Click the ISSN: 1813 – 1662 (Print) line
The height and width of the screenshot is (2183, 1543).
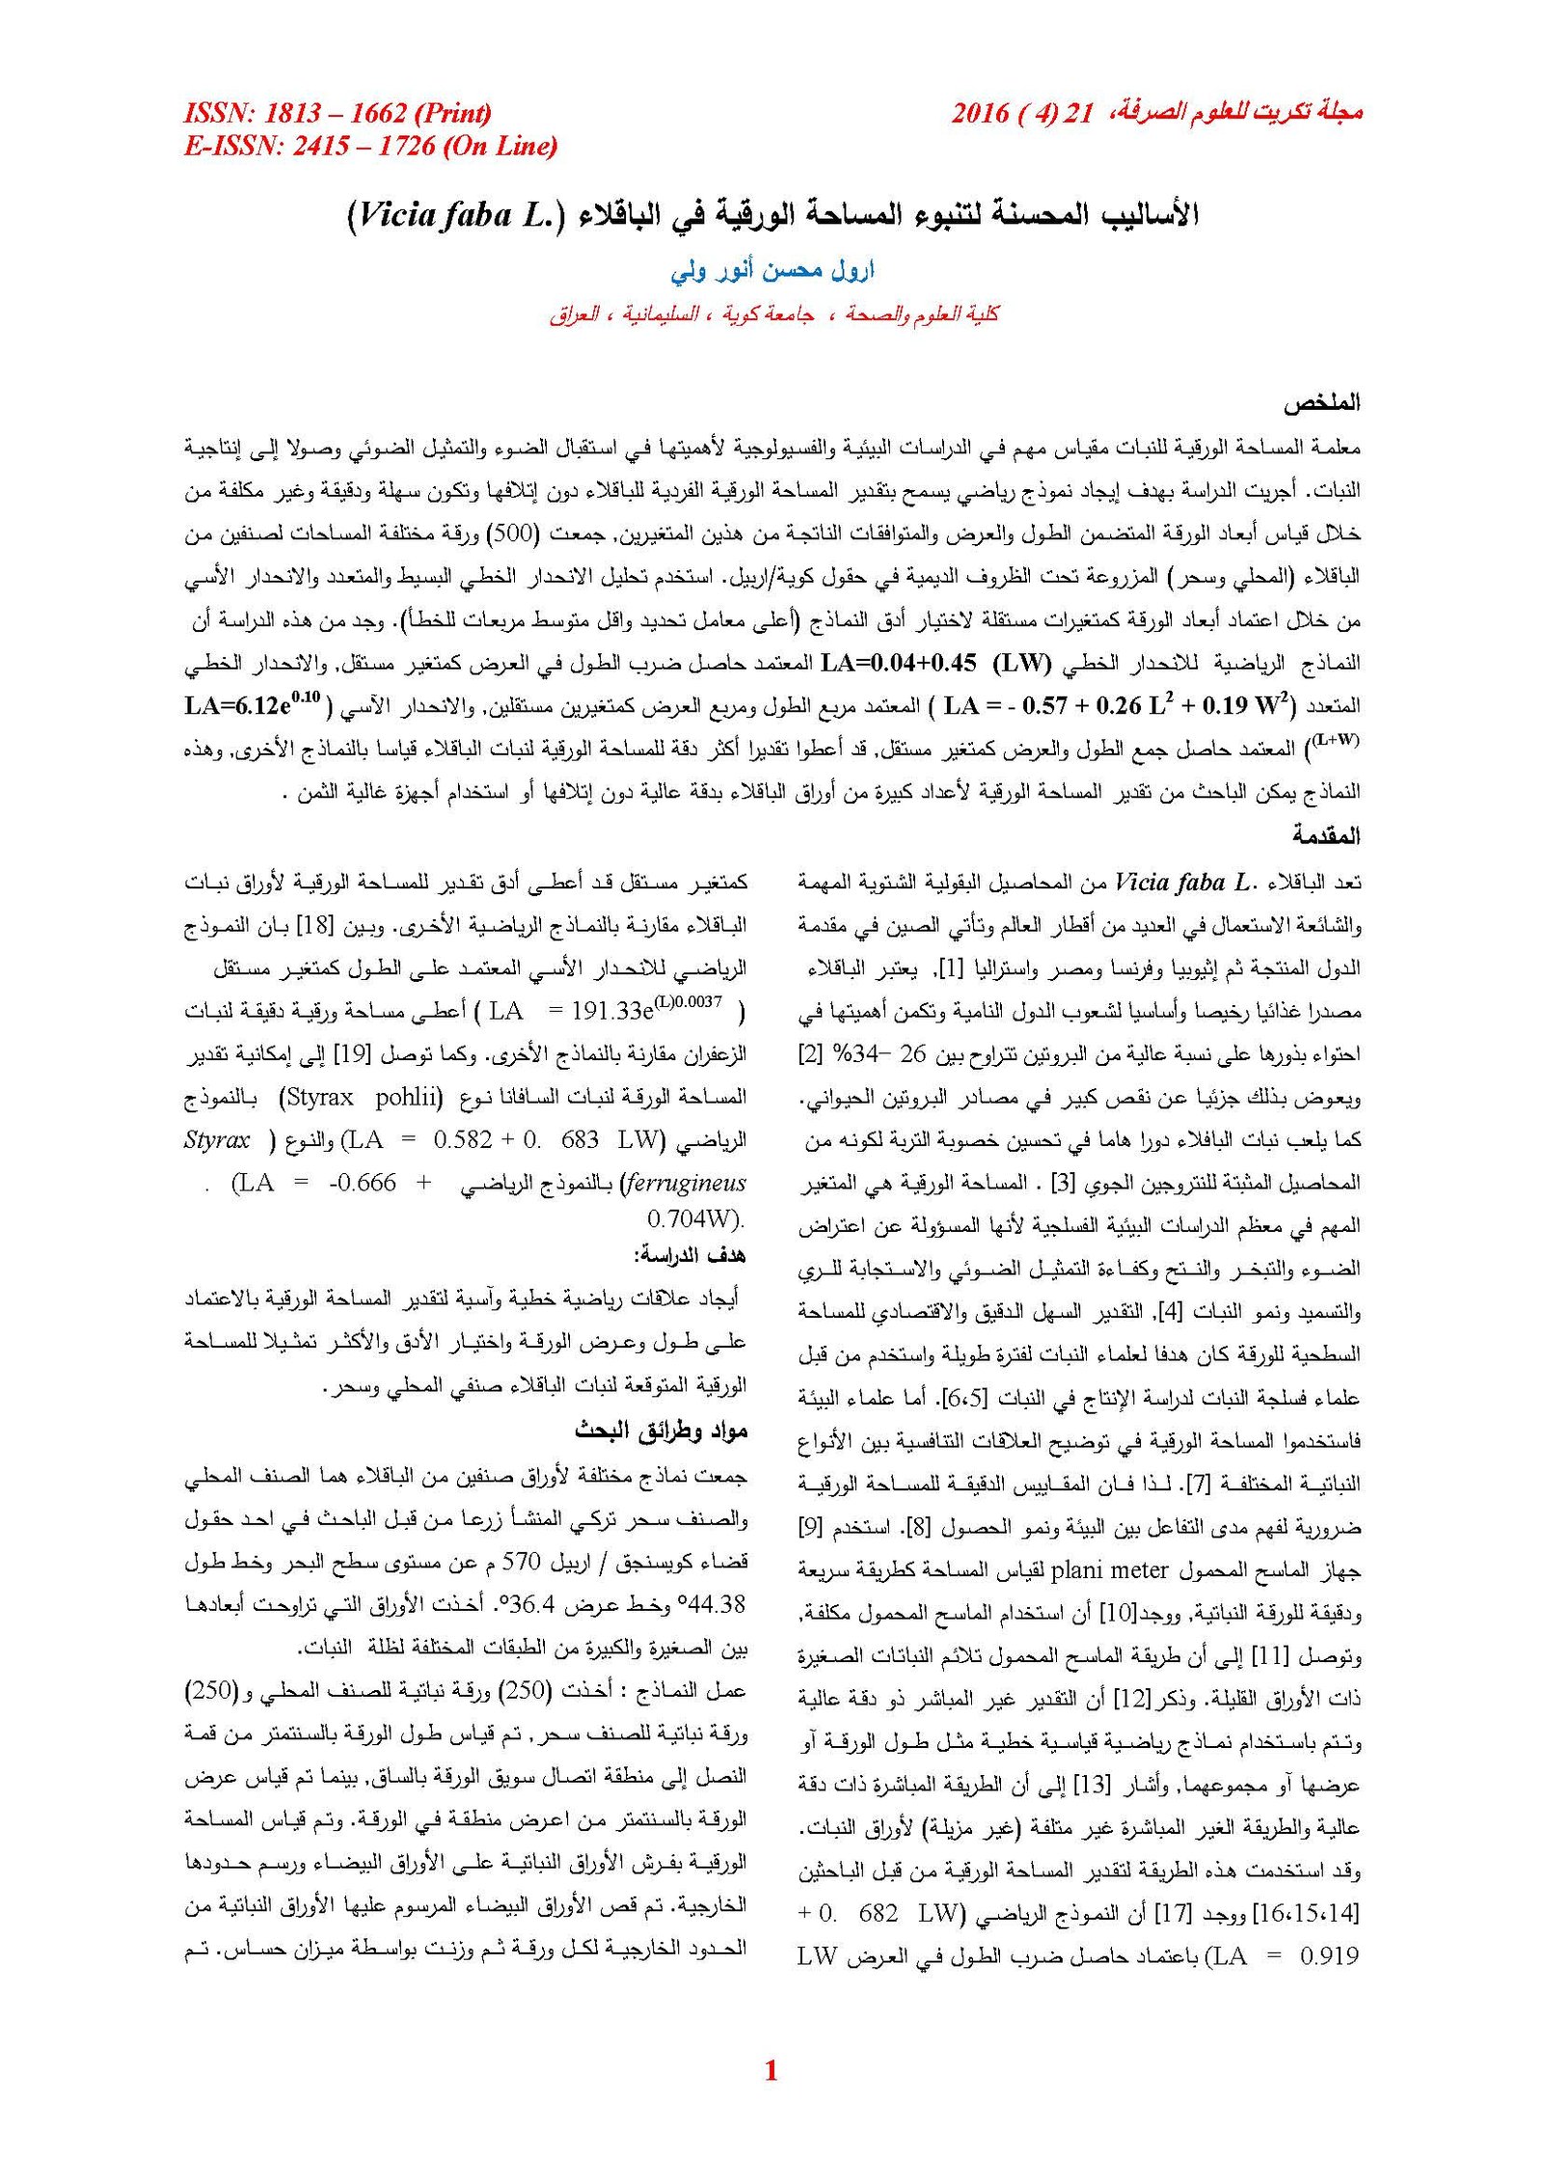tap(338, 115)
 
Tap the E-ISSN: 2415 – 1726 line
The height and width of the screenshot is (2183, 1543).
tap(371, 147)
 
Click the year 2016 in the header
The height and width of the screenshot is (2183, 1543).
tap(980, 115)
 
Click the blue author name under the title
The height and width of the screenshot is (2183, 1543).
tap(772, 271)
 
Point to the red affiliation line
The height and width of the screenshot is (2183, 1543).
tap(773, 314)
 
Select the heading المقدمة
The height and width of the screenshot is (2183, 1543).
tap(1327, 835)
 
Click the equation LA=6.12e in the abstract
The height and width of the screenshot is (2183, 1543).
tap(253, 705)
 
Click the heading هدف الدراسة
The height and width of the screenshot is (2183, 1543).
tap(690, 1256)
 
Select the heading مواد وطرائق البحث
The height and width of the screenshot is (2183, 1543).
tap(661, 1431)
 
